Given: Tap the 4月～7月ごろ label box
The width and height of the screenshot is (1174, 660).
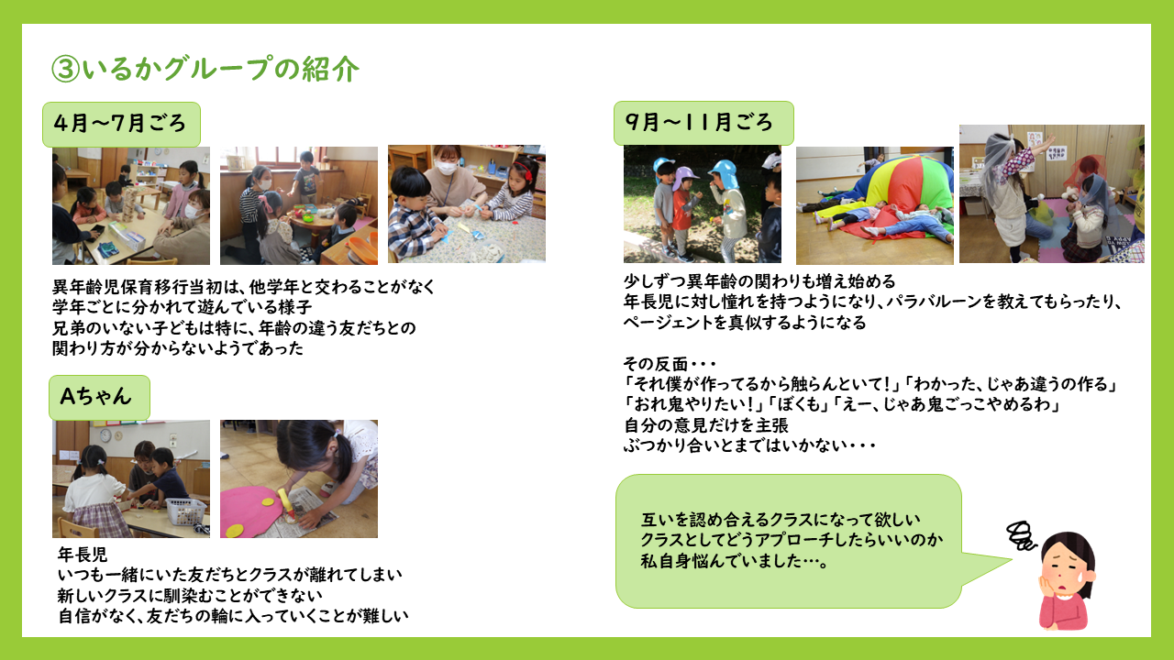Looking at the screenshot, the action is coord(121,124).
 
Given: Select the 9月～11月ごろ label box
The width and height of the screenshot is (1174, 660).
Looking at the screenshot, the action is coord(703,123).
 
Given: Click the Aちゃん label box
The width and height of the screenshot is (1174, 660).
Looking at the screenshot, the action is coord(99,397).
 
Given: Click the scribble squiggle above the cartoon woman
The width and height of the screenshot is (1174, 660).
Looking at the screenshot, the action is coord(1021,535).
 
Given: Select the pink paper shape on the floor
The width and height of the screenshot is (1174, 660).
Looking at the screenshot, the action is coord(248,511).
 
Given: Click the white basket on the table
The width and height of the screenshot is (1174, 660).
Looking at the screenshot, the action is coord(185,511).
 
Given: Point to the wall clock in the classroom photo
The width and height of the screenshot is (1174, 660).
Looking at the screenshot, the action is coord(105,434).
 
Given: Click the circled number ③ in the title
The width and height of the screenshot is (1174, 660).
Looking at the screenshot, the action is coord(65,69).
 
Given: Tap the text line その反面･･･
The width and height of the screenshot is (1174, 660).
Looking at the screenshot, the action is coord(670,364).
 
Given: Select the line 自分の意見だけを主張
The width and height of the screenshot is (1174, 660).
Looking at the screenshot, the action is coord(706,424).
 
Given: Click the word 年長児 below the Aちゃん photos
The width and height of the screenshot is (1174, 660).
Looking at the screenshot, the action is coord(83,555).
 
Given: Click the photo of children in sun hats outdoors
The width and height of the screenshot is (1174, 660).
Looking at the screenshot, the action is coord(703,204).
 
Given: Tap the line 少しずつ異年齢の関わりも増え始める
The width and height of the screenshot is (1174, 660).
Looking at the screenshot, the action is coord(759,281).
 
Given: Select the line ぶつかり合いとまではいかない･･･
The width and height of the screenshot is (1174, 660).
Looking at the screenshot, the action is coord(749,445).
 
